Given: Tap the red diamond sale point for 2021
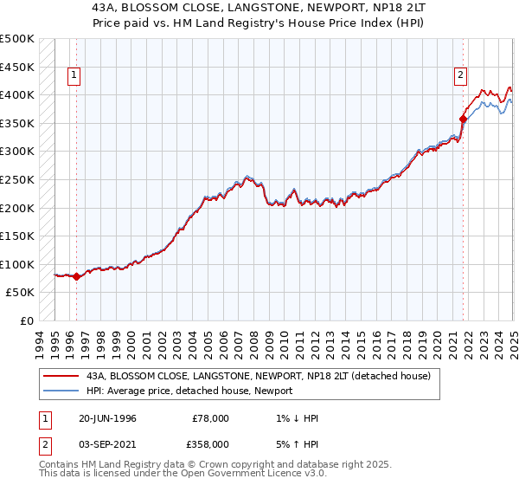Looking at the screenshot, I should click(464, 118).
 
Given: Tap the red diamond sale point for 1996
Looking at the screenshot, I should click(76, 277).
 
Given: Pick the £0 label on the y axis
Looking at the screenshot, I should click(27, 320).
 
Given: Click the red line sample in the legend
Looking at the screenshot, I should click(61, 375).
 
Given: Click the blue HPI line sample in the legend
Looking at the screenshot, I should click(61, 391).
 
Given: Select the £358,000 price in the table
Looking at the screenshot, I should click(212, 443).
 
